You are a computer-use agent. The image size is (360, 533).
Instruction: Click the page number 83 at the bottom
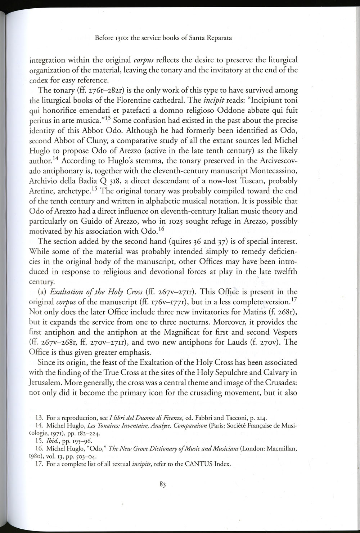(x=162, y=485)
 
